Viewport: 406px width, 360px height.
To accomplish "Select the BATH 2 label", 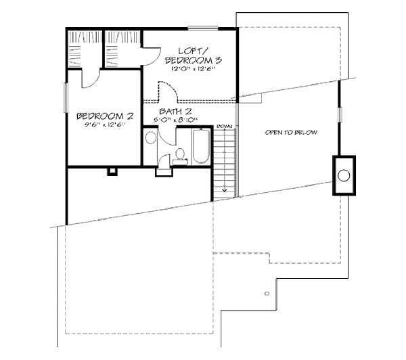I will point(175,111).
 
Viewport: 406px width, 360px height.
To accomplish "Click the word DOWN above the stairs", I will point(225,127).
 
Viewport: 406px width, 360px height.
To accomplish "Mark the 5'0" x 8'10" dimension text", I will point(175,120).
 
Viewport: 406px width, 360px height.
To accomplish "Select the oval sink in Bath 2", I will point(151,138).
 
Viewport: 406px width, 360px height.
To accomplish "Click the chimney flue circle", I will point(344,176).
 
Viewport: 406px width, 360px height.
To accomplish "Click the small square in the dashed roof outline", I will point(267,293).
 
